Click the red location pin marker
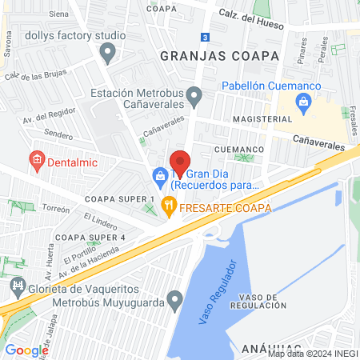pos(181,163)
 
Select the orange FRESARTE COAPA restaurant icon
pos(168,205)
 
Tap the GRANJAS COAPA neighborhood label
pos(219,56)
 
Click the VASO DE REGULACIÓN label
pos(258,301)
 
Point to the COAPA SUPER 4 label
pos(90,238)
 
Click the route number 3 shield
pos(206,37)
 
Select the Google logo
pos(26,350)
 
